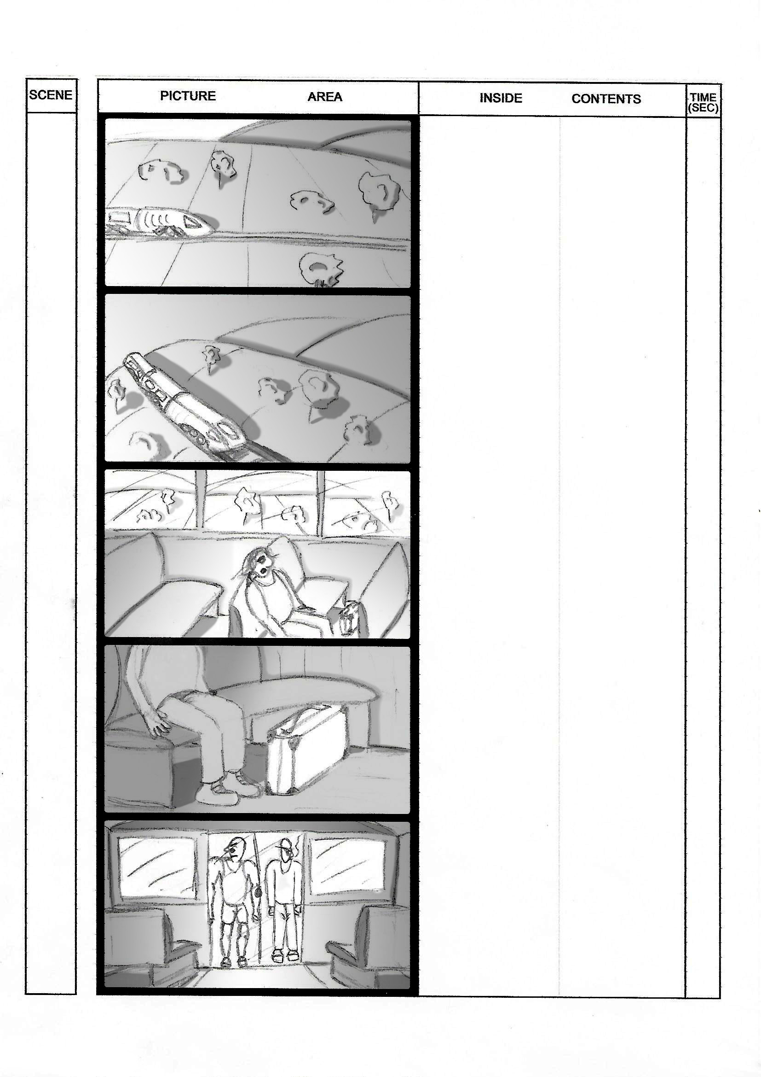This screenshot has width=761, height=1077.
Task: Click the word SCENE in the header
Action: tap(51, 95)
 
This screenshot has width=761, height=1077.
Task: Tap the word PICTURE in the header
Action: tap(187, 96)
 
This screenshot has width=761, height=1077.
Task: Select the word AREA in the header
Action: tap(325, 97)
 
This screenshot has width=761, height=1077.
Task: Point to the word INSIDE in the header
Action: tap(501, 98)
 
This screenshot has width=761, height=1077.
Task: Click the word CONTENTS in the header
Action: tap(606, 99)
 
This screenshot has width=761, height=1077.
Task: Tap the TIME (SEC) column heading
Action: tap(703, 102)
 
